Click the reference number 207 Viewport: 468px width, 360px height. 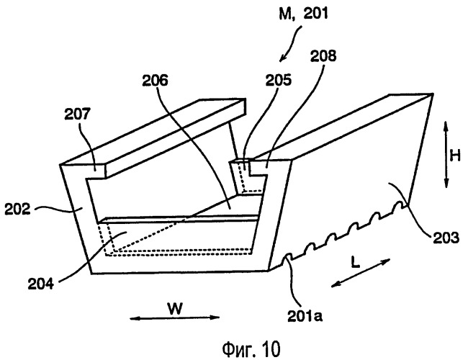tap(77, 114)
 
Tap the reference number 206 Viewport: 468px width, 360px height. tap(155, 81)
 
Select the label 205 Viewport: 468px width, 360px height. tap(279, 80)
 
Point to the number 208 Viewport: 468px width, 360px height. tap(323, 56)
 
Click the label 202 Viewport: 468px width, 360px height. tap(17, 209)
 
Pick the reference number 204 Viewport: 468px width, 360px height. tap(41, 283)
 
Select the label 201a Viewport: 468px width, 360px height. tap(305, 316)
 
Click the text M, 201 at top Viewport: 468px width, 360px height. tap(303, 14)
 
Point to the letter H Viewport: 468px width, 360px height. tap(455, 156)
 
